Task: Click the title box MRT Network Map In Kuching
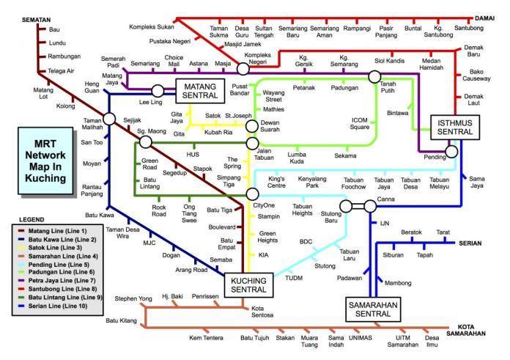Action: tap(46, 161)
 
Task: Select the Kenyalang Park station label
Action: tap(313, 182)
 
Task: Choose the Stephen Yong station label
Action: tap(133, 298)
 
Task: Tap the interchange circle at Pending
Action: tap(452, 152)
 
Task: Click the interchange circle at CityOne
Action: tap(252, 194)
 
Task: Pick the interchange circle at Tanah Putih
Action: tap(375, 76)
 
